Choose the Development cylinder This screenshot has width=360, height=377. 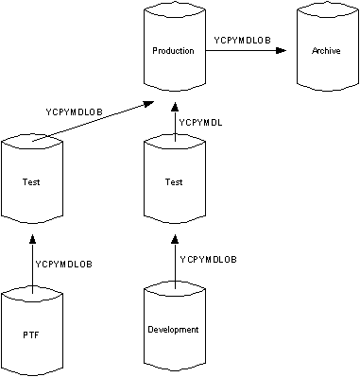(x=173, y=330)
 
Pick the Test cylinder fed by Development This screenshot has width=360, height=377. (x=173, y=182)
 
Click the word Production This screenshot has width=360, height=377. (x=173, y=49)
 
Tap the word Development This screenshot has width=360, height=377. (x=173, y=330)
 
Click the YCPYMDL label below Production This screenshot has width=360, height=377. (x=200, y=123)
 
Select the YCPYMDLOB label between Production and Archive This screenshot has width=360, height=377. (x=244, y=40)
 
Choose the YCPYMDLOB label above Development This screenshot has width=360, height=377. (x=208, y=259)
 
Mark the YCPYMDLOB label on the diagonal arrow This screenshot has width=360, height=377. (x=75, y=111)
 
